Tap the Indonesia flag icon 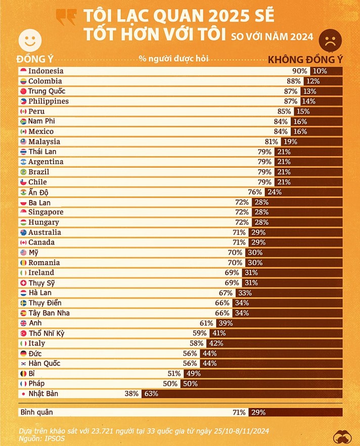coord(23,71)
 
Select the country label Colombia coord(45,81)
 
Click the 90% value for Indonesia coord(299,71)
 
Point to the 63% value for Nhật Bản coord(151,393)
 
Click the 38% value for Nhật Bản coord(131,393)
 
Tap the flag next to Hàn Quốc coord(23,364)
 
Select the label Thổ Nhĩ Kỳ coord(47,333)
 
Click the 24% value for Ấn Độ coord(274,192)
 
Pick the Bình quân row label coord(36,413)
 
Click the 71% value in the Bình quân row coord(239,413)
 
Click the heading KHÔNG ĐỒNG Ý coord(305,59)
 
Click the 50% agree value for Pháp coord(170,383)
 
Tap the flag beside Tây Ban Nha coord(23,313)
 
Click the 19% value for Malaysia coord(290,142)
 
